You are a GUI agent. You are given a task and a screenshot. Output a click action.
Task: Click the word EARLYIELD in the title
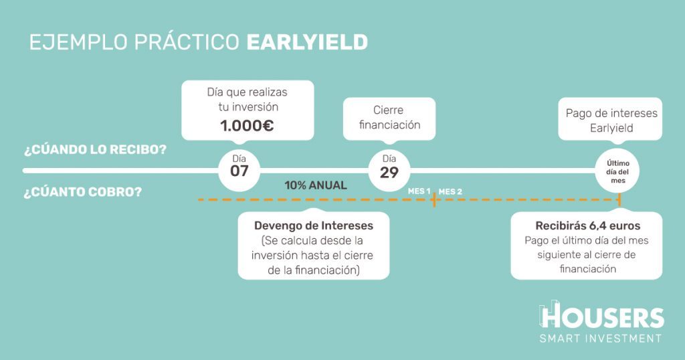pyautogui.click(x=307, y=42)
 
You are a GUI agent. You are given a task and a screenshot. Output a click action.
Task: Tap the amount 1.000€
pyautogui.click(x=247, y=126)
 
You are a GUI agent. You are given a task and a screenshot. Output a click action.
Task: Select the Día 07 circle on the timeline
pyautogui.click(x=239, y=171)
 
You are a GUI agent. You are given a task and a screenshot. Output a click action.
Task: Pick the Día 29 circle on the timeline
pyautogui.click(x=389, y=171)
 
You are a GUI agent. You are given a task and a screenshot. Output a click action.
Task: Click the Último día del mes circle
pyautogui.click(x=617, y=171)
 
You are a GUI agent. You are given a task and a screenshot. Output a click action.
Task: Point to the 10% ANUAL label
pyautogui.click(x=316, y=185)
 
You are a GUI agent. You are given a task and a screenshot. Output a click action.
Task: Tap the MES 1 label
pyautogui.click(x=419, y=191)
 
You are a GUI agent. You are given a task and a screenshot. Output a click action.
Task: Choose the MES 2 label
pyautogui.click(x=450, y=192)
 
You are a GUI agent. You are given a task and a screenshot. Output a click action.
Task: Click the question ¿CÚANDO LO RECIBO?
pyautogui.click(x=95, y=150)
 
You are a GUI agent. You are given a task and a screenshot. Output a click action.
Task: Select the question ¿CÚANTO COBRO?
pyautogui.click(x=83, y=192)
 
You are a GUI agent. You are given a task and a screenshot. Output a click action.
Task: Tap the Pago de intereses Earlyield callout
pyautogui.click(x=610, y=119)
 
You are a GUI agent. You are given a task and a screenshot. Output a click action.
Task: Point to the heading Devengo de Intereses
pyautogui.click(x=314, y=226)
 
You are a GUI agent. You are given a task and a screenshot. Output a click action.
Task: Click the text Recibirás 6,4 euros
pyautogui.click(x=587, y=226)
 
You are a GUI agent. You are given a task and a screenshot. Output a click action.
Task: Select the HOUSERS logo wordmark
pyautogui.click(x=602, y=317)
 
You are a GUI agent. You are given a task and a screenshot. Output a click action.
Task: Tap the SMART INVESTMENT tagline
pyautogui.click(x=601, y=338)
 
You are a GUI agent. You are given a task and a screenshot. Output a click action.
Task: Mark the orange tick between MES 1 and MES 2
pyautogui.click(x=433, y=199)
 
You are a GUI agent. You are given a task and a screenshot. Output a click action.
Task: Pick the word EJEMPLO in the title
pyautogui.click(x=79, y=42)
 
